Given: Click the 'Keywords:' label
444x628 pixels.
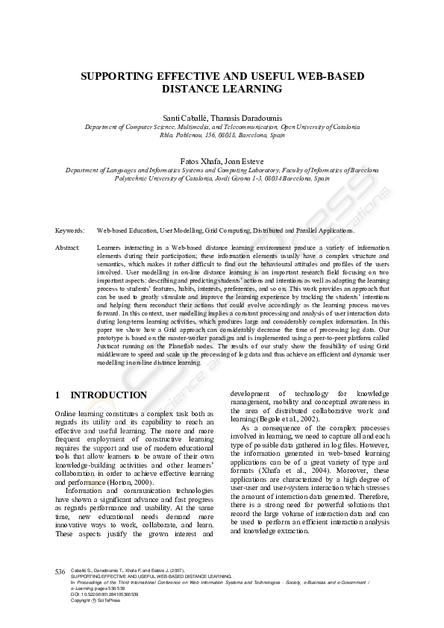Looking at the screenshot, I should pyautogui.click(x=69, y=231).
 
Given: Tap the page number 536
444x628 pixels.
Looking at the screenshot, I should pyautogui.click(x=60, y=571).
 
